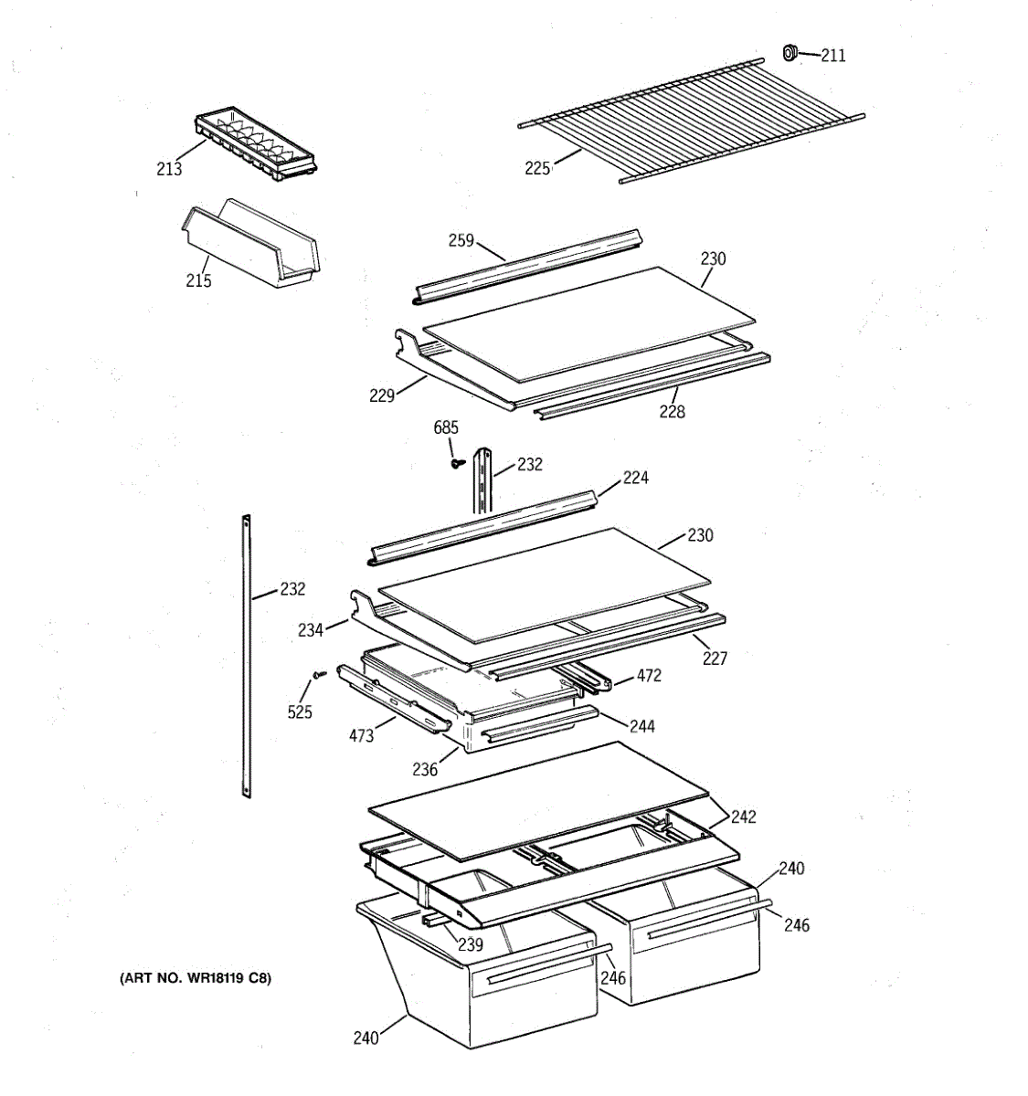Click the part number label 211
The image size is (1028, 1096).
tap(832, 56)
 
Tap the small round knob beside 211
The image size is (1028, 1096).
tap(790, 54)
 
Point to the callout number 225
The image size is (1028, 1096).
tap(537, 168)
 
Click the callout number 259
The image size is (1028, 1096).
tap(461, 240)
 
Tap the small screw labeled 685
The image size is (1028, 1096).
tap(454, 462)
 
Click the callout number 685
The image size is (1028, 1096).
tap(446, 428)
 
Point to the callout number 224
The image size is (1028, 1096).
tap(636, 478)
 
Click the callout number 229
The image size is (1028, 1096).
tap(382, 395)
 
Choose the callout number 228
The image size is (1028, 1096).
tap(672, 412)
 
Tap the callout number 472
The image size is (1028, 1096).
tap(649, 676)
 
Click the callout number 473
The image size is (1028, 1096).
tap(361, 735)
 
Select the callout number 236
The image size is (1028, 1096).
tap(425, 769)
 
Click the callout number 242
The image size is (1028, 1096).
tap(744, 817)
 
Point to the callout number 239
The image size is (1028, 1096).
tap(471, 944)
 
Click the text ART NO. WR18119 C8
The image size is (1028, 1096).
tap(196, 979)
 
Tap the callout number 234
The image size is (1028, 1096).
tap(310, 630)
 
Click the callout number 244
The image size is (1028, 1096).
tap(642, 726)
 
